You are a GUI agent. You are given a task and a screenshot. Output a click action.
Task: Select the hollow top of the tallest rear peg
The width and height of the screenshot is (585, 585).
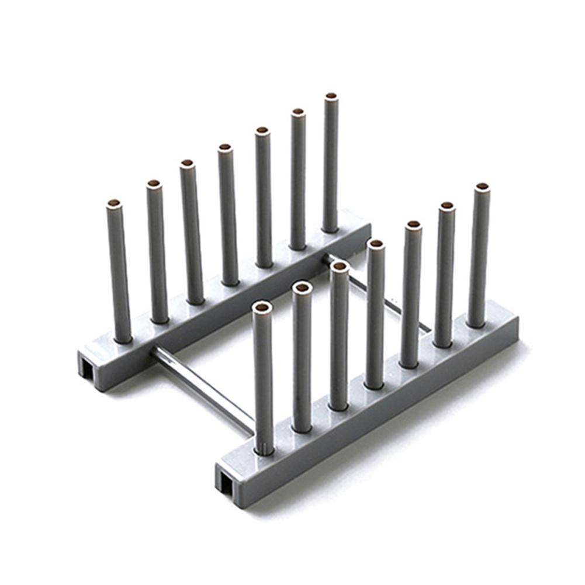tap(331, 96)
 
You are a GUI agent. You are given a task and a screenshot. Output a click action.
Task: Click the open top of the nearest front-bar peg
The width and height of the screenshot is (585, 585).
tap(262, 307)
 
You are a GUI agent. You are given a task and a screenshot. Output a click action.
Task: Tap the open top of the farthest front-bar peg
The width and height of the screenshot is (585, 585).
tap(482, 187)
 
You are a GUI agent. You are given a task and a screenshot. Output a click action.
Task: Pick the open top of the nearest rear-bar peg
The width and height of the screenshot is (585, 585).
tap(114, 203)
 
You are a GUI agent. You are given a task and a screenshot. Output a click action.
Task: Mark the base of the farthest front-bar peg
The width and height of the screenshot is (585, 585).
tap(476, 323)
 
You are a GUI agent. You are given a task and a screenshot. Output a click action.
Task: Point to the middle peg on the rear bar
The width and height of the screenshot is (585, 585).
tap(229, 216)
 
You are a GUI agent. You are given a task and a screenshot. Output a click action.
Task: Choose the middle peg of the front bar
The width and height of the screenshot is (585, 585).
tap(375, 316)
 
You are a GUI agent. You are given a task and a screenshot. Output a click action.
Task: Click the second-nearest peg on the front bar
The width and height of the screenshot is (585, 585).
tap(302, 356)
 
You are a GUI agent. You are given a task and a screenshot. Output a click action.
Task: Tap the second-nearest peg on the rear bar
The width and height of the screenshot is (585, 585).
tap(157, 251)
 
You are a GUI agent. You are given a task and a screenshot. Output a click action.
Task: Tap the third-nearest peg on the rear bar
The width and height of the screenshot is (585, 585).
tap(191, 234)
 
